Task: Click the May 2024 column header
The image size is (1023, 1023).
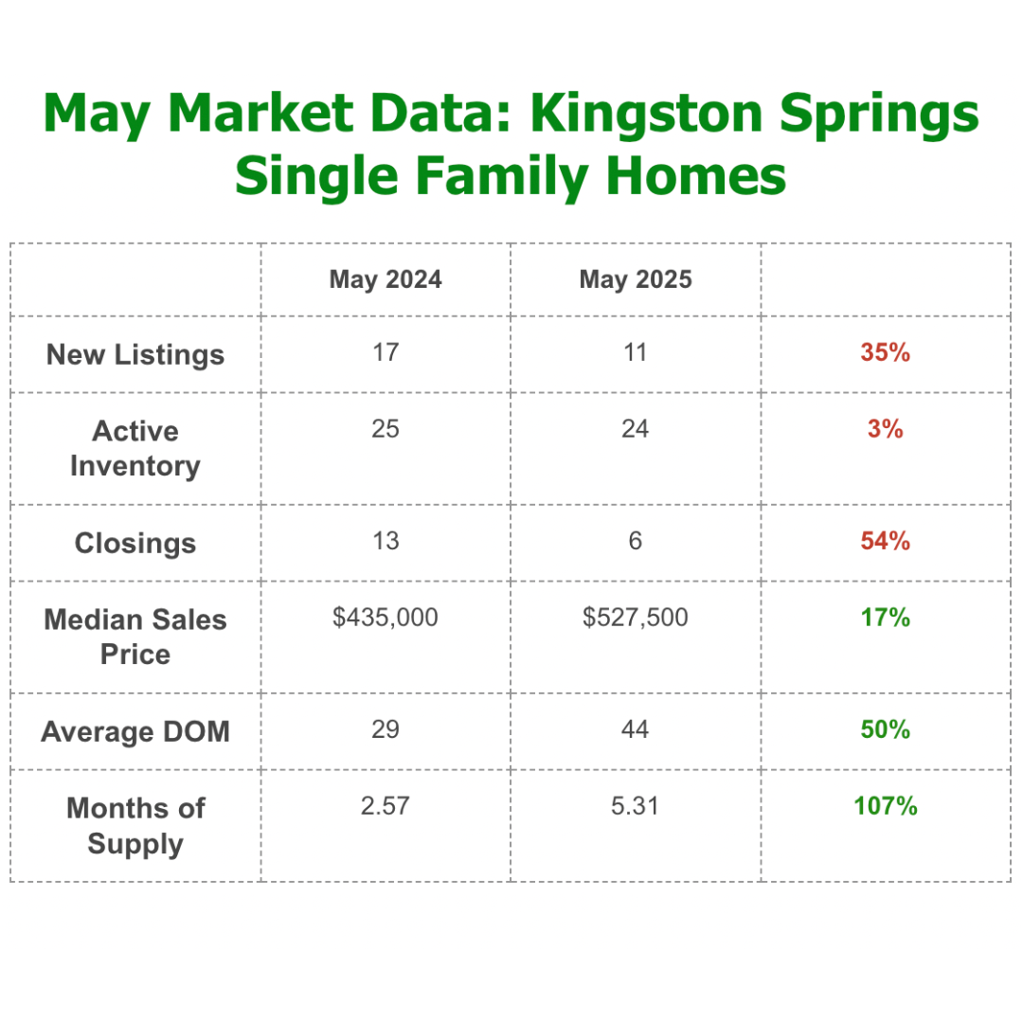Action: (x=386, y=279)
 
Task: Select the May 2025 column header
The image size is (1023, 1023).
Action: (x=636, y=279)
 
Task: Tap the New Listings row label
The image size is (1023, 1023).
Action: (x=135, y=355)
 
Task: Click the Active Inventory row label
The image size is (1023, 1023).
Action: (x=135, y=449)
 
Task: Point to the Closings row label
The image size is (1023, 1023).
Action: (x=135, y=544)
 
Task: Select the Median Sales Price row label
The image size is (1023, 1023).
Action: (x=135, y=637)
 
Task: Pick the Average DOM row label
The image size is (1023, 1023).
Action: (x=135, y=732)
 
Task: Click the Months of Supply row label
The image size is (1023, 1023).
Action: (x=135, y=826)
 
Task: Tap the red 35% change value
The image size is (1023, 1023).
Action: (x=886, y=353)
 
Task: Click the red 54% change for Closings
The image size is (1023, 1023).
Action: (x=886, y=541)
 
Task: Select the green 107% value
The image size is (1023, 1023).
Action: (x=886, y=806)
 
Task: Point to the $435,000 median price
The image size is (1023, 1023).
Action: (x=385, y=618)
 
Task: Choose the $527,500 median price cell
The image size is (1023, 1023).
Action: (x=636, y=618)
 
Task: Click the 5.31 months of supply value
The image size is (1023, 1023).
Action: (x=635, y=806)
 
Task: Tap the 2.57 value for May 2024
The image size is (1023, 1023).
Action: (x=385, y=806)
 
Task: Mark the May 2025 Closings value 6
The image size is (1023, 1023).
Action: (x=636, y=541)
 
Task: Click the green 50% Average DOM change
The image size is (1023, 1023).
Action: (x=886, y=729)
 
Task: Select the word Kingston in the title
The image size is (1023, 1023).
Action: (x=646, y=114)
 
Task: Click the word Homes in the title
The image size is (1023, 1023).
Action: (x=696, y=175)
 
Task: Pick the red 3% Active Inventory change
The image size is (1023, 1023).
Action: (x=886, y=429)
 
